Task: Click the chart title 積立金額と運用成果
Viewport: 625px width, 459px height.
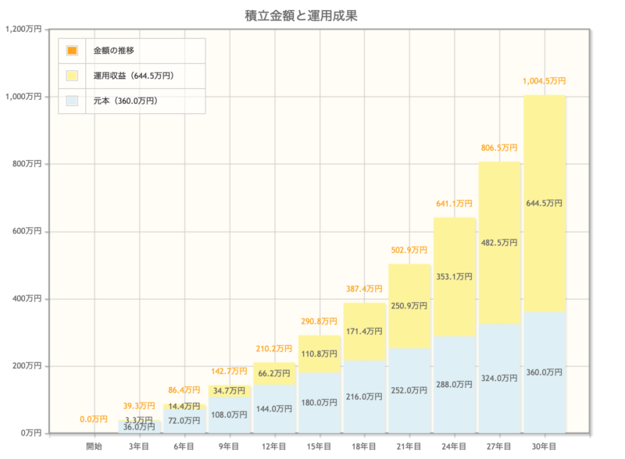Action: tap(312, 16)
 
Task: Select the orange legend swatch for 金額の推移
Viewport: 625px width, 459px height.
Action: tap(73, 51)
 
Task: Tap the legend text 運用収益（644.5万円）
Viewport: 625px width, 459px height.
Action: tap(133, 76)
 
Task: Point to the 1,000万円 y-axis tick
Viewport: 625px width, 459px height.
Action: tap(23, 97)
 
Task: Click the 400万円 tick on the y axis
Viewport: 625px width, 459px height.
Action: tap(27, 299)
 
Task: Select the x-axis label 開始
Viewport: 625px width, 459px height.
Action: tap(94, 446)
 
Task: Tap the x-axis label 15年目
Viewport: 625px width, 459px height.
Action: tap(319, 446)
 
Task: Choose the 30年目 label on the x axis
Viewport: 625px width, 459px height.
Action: tap(544, 446)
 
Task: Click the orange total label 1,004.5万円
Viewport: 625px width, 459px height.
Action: tap(544, 81)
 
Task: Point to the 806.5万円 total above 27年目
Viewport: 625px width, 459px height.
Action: tap(498, 148)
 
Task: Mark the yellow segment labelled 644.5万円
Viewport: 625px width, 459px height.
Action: tap(544, 203)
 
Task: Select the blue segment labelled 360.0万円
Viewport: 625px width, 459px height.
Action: tap(544, 372)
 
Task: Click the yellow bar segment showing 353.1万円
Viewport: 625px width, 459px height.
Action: tap(454, 277)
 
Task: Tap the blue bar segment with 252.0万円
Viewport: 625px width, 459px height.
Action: tap(409, 390)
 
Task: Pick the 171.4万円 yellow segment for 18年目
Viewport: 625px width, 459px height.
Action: tap(364, 332)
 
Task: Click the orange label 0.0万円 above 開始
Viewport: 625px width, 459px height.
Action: tap(94, 419)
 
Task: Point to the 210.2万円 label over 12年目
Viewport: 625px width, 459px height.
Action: tap(273, 349)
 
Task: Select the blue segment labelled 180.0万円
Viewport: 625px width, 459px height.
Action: tap(319, 403)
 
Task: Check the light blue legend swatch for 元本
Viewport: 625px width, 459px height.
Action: tap(73, 101)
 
